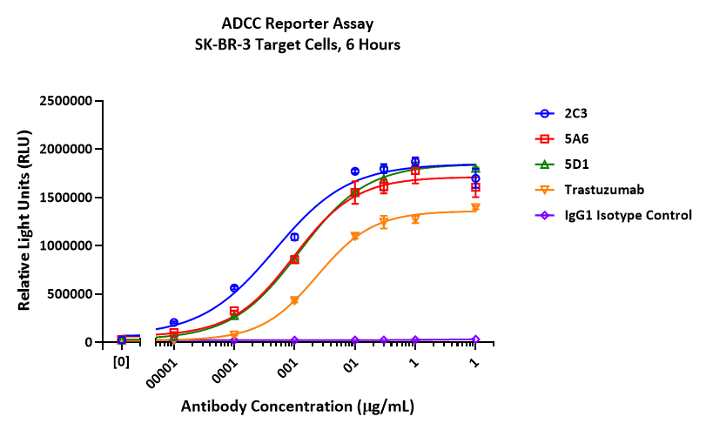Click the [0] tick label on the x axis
pos(121,358)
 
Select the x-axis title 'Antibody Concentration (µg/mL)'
pos(297,406)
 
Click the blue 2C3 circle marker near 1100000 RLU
pos(294,237)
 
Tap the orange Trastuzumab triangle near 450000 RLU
pos(294,300)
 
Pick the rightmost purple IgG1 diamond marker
pos(475,339)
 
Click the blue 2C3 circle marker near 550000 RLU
pos(233,288)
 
